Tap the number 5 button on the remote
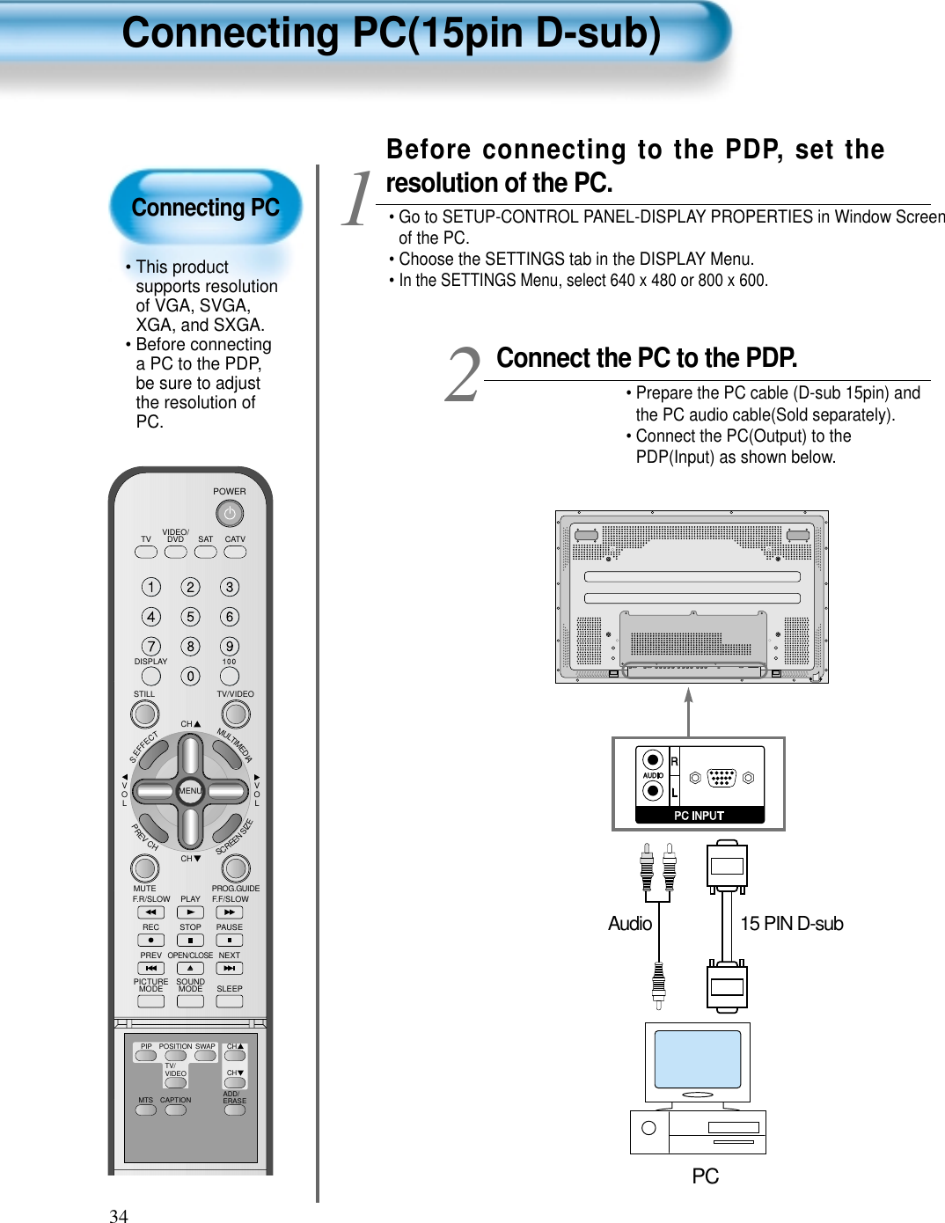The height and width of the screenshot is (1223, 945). coord(190,617)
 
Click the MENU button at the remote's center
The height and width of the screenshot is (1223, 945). coord(190,790)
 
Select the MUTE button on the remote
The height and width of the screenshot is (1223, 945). coord(145,868)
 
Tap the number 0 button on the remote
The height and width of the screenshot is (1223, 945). coord(190,676)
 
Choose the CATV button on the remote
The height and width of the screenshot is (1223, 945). coord(235,552)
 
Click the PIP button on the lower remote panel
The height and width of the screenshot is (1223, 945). coord(146,1056)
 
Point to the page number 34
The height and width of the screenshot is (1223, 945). coord(119,1215)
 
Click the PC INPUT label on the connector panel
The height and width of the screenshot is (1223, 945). coord(699,816)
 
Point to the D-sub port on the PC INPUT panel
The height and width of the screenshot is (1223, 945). coord(722,778)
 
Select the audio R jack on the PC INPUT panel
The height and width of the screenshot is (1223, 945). coord(652,760)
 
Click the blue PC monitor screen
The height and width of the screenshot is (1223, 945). coord(697,1058)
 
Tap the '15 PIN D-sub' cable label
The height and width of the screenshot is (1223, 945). coord(791,924)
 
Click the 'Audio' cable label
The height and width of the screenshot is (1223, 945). coord(630,924)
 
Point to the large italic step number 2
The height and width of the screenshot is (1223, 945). coord(463,376)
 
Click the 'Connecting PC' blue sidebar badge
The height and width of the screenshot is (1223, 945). coord(205,208)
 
